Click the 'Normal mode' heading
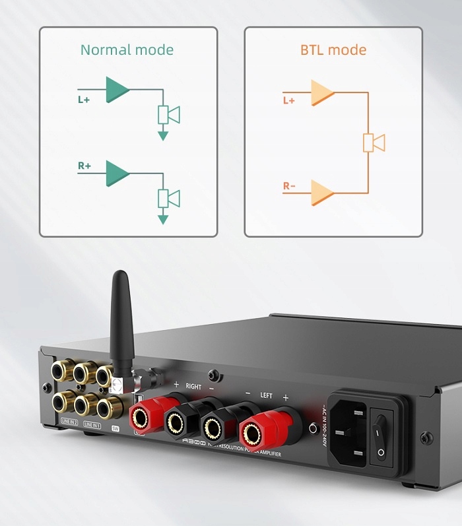pyautogui.click(x=127, y=49)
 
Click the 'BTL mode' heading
pyautogui.click(x=333, y=49)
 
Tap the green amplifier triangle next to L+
pyautogui.click(x=117, y=90)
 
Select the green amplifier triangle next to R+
pyautogui.click(x=117, y=173)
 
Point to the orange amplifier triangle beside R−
pyautogui.click(x=323, y=192)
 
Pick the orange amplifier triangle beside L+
pyautogui.click(x=323, y=94)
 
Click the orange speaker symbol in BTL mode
pyautogui.click(x=374, y=143)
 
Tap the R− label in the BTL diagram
pyautogui.click(x=289, y=186)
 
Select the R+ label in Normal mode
pyautogui.click(x=84, y=166)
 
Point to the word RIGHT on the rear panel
pyautogui.click(x=193, y=385)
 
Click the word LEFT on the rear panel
pyautogui.click(x=266, y=395)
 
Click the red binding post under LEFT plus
pyautogui.click(x=253, y=433)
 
